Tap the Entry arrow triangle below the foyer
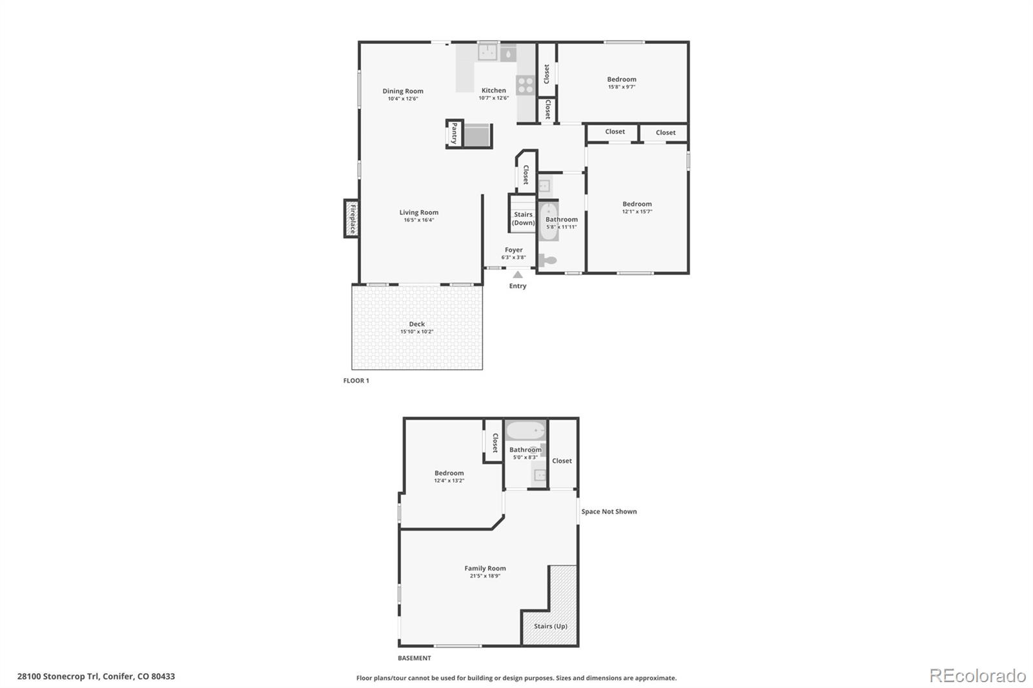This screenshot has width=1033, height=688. (x=518, y=275)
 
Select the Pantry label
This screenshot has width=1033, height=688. (x=455, y=134)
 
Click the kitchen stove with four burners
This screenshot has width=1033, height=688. (x=526, y=86)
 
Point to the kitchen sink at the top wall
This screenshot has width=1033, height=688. (x=487, y=52)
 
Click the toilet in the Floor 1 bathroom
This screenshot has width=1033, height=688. (x=547, y=260)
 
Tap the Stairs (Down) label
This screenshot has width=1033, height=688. (x=523, y=218)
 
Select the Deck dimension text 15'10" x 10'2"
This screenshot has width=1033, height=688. (x=416, y=332)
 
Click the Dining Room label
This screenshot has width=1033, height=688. (x=403, y=91)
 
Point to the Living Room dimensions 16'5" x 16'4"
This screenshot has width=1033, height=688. (x=419, y=220)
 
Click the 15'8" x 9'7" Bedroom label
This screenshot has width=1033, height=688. (x=622, y=79)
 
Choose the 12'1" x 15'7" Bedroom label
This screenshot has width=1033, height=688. (x=637, y=204)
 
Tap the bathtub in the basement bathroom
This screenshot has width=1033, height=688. (x=525, y=430)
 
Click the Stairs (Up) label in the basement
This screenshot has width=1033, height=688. (x=551, y=626)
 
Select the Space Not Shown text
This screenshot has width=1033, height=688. (x=609, y=512)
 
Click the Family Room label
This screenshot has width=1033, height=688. (x=485, y=569)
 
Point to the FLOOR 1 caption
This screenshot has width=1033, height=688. (x=356, y=381)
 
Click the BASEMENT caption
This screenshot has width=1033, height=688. (x=414, y=658)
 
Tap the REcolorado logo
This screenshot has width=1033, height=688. (x=977, y=676)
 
